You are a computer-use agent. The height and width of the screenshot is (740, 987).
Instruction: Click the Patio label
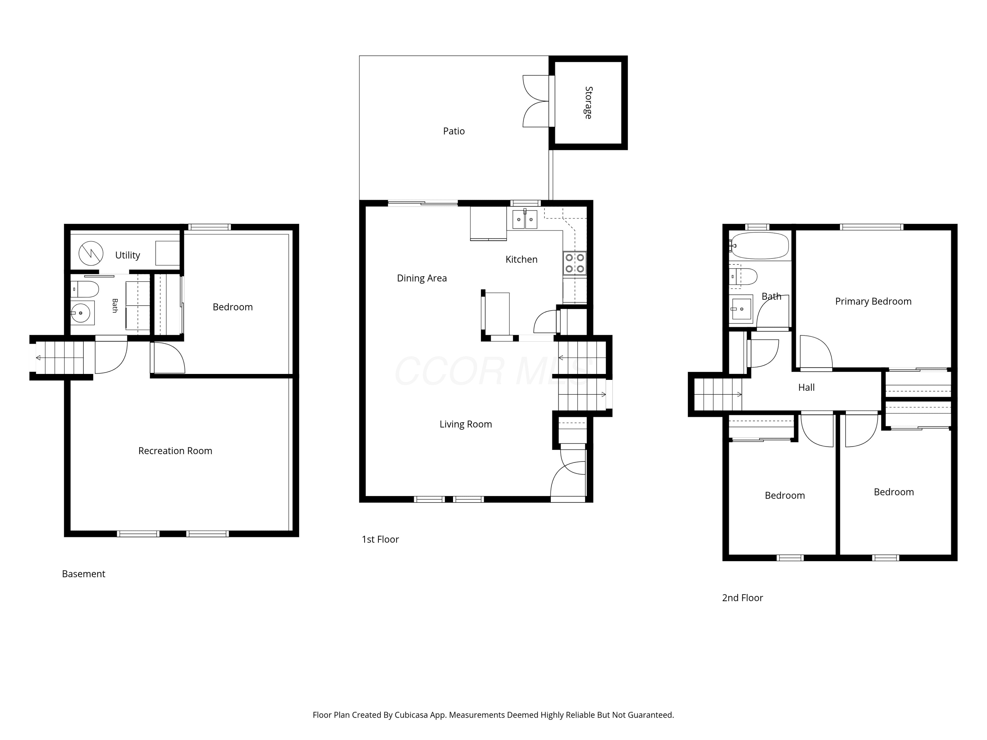pyautogui.click(x=454, y=131)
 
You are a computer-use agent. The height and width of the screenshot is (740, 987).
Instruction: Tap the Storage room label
pyautogui.click(x=589, y=103)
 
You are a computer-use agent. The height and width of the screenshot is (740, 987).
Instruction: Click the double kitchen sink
pyautogui.click(x=525, y=219)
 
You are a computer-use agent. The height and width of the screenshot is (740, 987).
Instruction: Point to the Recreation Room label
pyautogui.click(x=175, y=451)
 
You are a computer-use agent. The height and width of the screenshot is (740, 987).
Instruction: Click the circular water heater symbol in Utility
pyautogui.click(x=91, y=253)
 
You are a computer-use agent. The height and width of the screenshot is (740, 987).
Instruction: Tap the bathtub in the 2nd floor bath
pyautogui.click(x=759, y=245)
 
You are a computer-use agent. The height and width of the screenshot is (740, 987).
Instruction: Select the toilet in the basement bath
pyautogui.click(x=85, y=289)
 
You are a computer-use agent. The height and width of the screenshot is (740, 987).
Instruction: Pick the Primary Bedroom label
pyautogui.click(x=873, y=302)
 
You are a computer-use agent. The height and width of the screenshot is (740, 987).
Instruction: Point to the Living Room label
pyautogui.click(x=466, y=425)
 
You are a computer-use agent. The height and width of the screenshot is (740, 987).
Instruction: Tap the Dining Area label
pyautogui.click(x=422, y=278)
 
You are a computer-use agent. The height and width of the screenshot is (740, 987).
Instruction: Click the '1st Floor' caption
pyautogui.click(x=380, y=539)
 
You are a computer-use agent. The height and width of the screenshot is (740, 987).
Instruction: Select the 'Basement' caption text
pyautogui.click(x=84, y=574)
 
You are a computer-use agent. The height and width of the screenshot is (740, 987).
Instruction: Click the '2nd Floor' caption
pyautogui.click(x=743, y=598)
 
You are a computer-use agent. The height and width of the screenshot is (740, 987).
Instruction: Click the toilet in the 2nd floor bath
pyautogui.click(x=743, y=277)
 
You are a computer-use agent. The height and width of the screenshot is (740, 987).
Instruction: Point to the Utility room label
pyautogui.click(x=128, y=255)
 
